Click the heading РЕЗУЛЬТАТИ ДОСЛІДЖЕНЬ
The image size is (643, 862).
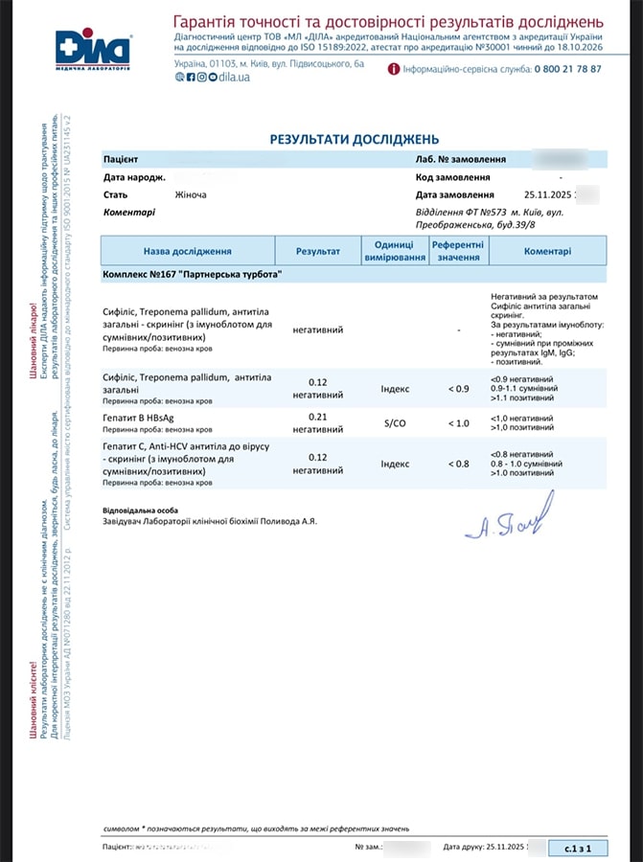[355, 139]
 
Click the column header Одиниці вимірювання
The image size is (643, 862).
[394, 251]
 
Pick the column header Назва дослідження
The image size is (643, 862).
[188, 251]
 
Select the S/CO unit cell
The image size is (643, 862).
[394, 422]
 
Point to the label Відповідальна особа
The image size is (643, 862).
[140, 510]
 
